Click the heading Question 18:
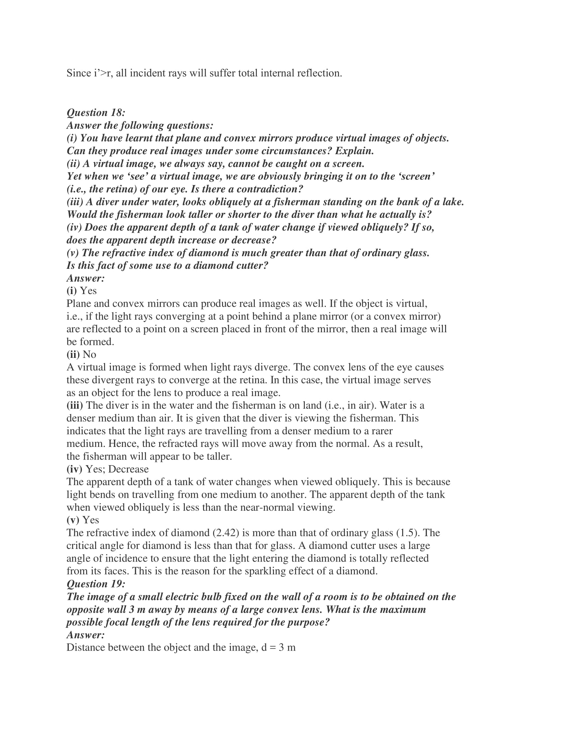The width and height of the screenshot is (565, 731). [x=96, y=112]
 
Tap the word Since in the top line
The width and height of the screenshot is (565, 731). [x=78, y=73]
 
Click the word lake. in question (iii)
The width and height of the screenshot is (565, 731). [x=452, y=202]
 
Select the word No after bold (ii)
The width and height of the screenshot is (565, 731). [x=89, y=355]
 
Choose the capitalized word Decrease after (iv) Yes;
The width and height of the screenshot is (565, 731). [x=128, y=469]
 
